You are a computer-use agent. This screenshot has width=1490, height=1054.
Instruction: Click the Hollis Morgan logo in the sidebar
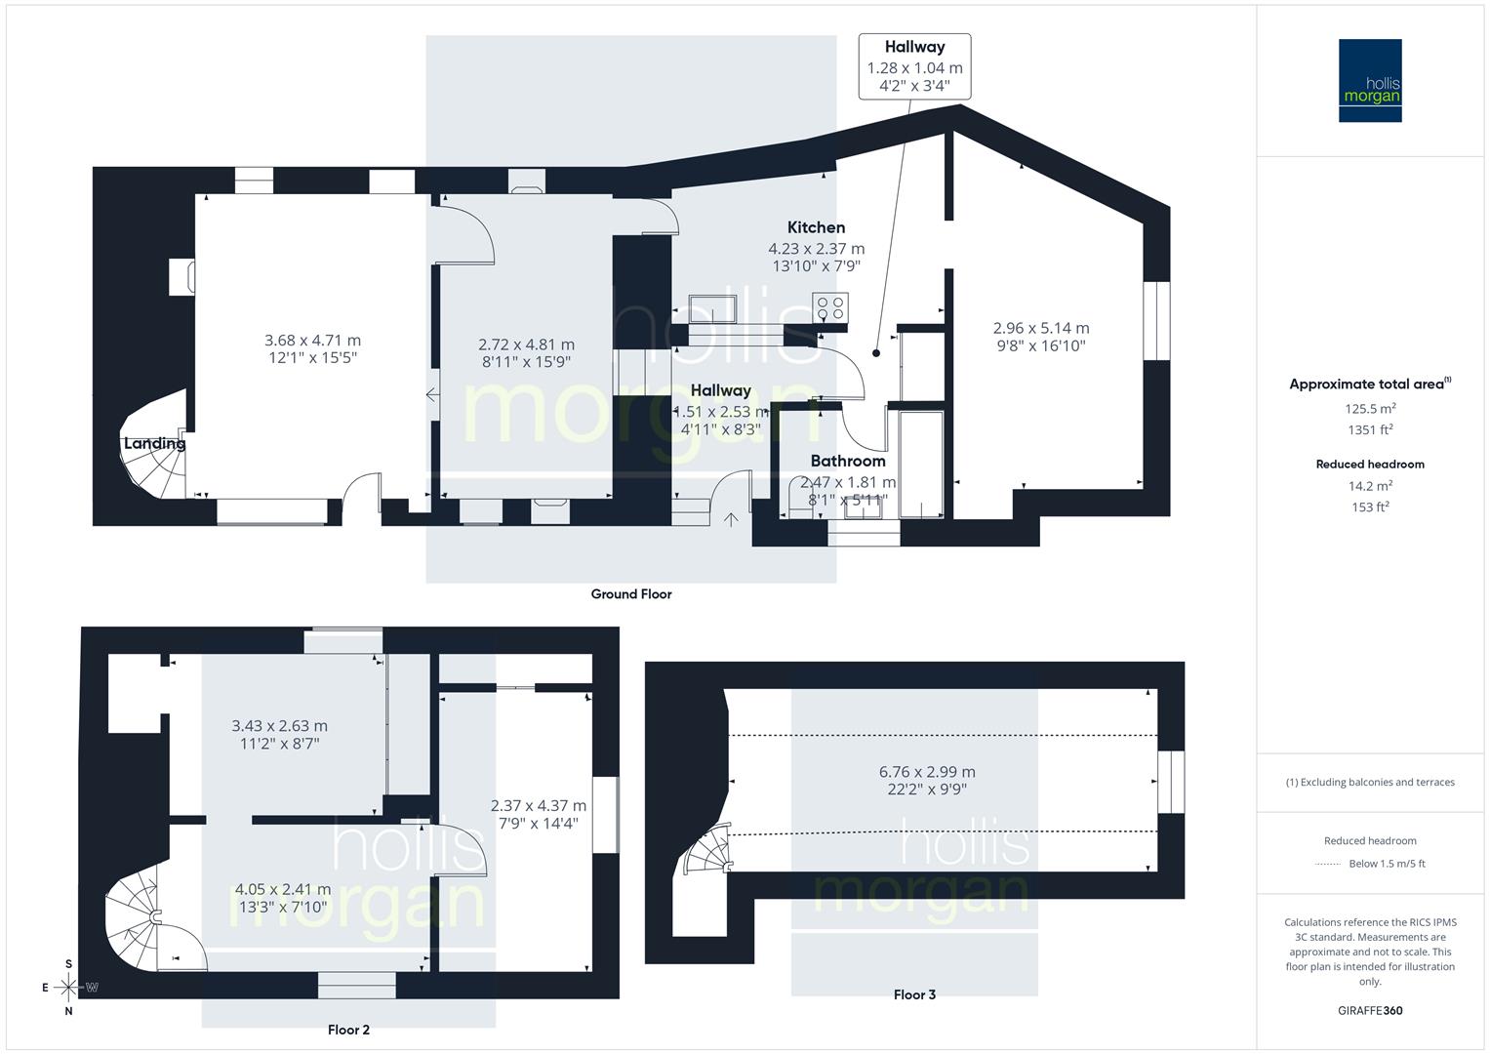coord(1369,80)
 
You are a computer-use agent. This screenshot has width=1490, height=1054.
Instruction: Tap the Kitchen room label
coord(817,227)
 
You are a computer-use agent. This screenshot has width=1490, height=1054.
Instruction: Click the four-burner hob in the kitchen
coord(831,306)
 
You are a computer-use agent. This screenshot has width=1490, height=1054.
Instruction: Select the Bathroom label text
coord(848,461)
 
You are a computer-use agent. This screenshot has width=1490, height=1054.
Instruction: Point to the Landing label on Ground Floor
coord(154,443)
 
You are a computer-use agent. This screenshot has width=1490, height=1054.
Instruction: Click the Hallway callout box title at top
coord(914,47)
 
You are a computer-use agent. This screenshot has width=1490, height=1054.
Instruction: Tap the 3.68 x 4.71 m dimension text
coord(312,341)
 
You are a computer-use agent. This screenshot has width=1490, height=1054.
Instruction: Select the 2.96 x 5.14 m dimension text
coord(1041,328)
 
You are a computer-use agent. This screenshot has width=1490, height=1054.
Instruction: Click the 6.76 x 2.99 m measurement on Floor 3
coord(927,772)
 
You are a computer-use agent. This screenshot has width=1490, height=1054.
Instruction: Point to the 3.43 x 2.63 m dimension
coord(279,726)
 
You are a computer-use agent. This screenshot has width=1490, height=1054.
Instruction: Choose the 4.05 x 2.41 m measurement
coord(283,889)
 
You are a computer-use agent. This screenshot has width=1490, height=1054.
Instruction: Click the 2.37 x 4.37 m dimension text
coord(539,805)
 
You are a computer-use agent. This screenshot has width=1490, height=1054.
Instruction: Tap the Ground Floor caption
coord(631,593)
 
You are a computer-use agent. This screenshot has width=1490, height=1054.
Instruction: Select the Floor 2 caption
coord(348,1029)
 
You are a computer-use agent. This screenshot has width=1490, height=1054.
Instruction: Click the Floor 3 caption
coord(914,994)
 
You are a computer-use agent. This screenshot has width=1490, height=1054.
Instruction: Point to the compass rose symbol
coord(68,988)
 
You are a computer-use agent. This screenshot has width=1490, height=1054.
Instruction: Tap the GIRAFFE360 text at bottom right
coord(1370,1010)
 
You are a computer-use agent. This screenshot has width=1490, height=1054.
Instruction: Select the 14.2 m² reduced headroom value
coord(1370,485)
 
